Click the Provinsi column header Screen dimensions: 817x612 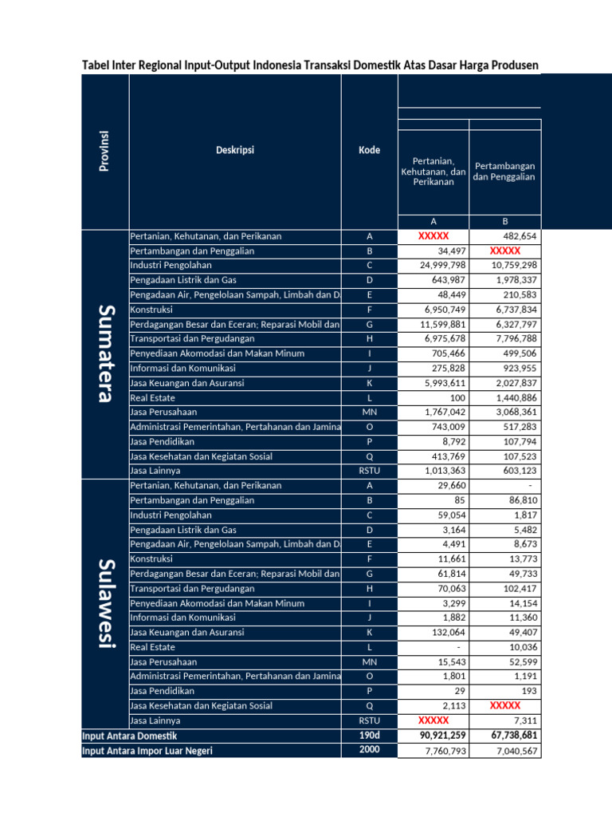click(x=104, y=150)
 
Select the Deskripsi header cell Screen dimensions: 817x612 click(x=234, y=149)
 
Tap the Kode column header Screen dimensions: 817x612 click(x=369, y=150)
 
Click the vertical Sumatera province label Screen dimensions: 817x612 click(x=104, y=353)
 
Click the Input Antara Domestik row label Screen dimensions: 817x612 click(x=130, y=736)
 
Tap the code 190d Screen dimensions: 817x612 click(x=369, y=736)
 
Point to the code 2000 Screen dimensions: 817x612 click(x=369, y=750)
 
